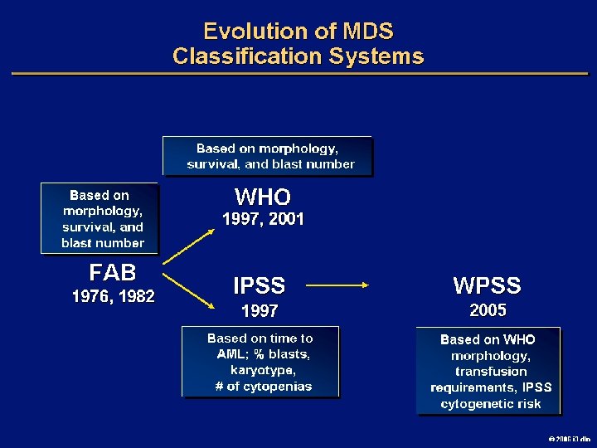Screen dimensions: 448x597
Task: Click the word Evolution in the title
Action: [245, 32]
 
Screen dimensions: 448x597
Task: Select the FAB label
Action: [113, 272]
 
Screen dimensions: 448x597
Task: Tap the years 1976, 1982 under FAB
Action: [113, 296]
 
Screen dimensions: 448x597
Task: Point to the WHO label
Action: [263, 197]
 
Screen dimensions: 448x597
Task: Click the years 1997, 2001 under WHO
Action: [263, 220]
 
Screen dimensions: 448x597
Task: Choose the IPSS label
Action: [259, 286]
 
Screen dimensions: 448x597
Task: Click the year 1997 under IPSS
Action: [259, 311]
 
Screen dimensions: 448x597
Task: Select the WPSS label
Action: [487, 286]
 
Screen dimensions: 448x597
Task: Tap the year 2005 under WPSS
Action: [487, 311]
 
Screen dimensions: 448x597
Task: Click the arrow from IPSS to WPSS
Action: [338, 286]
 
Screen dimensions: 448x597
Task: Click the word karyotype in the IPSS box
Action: [260, 370]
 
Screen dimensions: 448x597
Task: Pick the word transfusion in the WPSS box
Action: [491, 372]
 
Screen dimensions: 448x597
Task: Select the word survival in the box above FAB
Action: [89, 226]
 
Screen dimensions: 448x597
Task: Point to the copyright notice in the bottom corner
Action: [568, 437]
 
